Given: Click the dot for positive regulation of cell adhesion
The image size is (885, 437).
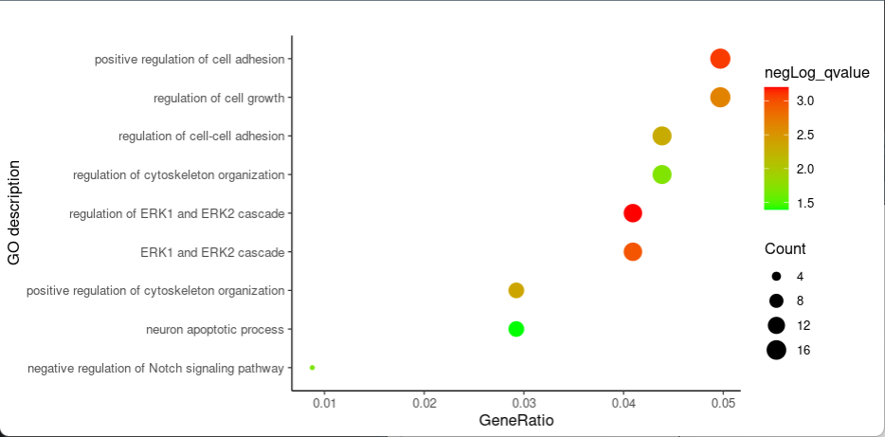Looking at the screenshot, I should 720,59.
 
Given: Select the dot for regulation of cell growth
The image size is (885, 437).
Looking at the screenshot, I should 720,98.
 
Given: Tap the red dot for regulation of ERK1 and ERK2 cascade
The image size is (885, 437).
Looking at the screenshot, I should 633,213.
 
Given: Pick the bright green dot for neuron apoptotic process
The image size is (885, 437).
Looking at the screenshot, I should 515,329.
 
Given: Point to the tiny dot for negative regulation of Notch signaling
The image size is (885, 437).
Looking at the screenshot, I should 312,368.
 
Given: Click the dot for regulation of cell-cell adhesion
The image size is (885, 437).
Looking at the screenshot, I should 661,136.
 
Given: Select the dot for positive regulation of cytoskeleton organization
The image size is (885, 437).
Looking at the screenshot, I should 515,290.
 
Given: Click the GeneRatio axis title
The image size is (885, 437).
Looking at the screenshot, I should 516,420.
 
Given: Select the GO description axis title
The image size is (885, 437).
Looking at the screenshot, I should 13,213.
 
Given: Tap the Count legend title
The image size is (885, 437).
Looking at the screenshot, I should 786,249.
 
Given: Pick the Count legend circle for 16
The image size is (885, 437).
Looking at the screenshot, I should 776,350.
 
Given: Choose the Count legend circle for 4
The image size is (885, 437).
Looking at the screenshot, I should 776,276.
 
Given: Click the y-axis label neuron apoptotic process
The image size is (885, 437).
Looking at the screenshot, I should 215,330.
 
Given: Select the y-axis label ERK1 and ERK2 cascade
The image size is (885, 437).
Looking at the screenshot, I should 212,252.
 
